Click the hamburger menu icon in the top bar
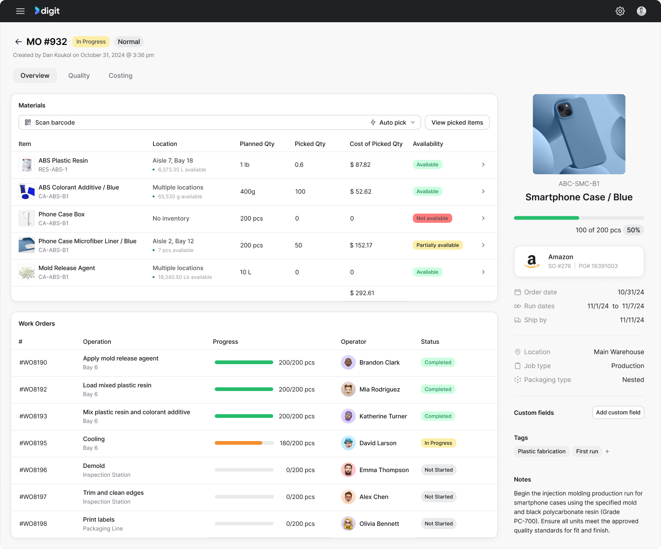(x=20, y=11)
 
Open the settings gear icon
(x=620, y=11)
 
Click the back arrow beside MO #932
(x=19, y=42)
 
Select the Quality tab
(x=79, y=76)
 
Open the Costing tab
(x=121, y=76)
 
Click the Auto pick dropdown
(x=393, y=122)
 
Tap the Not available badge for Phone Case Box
(x=432, y=218)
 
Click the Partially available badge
(x=437, y=245)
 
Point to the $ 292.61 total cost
(x=362, y=293)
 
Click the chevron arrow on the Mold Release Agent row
(x=483, y=272)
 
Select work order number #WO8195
(x=33, y=443)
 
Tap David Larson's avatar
(x=348, y=443)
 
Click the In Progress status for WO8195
(x=438, y=443)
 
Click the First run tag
(x=587, y=451)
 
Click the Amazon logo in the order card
(x=532, y=261)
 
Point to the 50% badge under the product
(x=634, y=230)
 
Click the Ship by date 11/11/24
(x=632, y=320)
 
